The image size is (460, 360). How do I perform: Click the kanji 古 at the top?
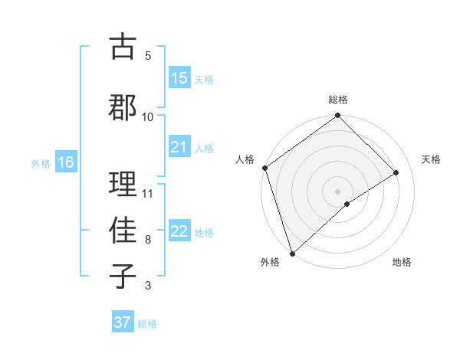click(x=123, y=47)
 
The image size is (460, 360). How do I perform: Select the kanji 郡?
click(x=123, y=106)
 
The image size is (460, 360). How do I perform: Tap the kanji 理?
click(x=123, y=184)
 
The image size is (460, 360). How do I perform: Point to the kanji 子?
click(x=123, y=277)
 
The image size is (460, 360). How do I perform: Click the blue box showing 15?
click(x=179, y=78)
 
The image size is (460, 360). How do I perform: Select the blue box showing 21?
click(x=179, y=147)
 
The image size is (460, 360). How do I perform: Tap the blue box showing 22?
click(x=179, y=231)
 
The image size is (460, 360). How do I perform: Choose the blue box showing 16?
click(x=65, y=162)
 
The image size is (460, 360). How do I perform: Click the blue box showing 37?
click(x=122, y=322)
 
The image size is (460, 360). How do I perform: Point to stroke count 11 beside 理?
click(x=148, y=193)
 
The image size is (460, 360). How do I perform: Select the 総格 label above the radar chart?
click(x=338, y=100)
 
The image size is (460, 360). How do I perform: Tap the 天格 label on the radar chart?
click(x=431, y=159)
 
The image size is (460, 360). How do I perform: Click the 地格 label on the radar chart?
click(x=402, y=263)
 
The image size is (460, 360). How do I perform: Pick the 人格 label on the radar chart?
click(x=245, y=159)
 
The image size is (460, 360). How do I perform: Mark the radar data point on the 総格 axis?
click(x=337, y=116)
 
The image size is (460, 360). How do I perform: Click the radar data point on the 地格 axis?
click(x=347, y=204)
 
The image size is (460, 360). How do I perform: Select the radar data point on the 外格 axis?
click(x=292, y=252)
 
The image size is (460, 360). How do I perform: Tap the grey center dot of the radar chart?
click(x=337, y=191)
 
